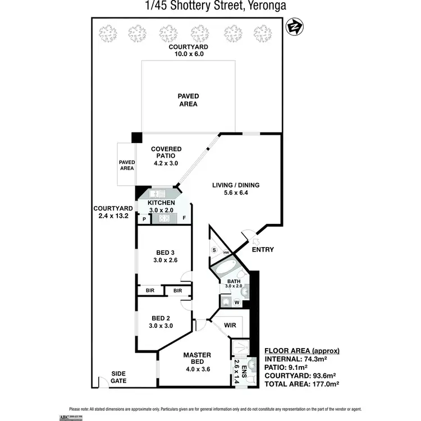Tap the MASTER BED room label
197,355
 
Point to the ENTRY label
263,249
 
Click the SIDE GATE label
118,377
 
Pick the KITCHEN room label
162,203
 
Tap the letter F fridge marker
184,218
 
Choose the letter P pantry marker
144,219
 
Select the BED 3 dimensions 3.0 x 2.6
165,260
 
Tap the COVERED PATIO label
165,155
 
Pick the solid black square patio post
136,138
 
